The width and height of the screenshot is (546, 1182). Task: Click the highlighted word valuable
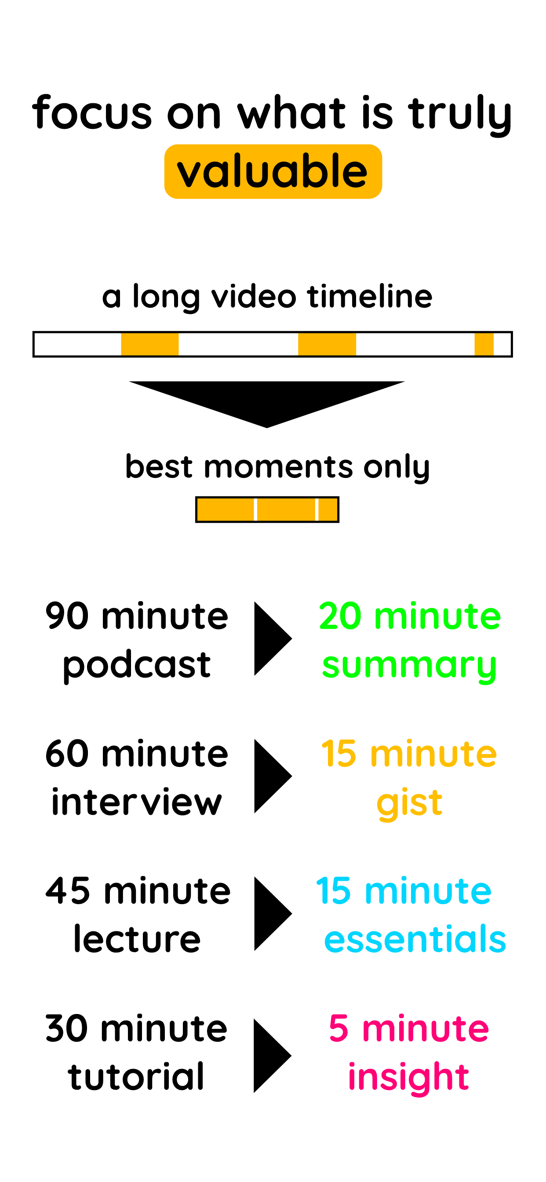273,171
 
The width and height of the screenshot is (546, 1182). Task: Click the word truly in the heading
460,115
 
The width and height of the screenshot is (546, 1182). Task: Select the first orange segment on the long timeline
149,344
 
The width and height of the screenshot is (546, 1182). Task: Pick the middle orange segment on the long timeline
327,344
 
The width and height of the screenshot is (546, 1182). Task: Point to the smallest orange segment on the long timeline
484,344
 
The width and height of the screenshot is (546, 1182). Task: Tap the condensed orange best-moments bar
267,509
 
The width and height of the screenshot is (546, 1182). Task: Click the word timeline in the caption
370,296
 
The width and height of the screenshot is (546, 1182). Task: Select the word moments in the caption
279,467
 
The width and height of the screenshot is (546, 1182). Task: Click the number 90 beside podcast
67,616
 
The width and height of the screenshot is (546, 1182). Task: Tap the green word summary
409,666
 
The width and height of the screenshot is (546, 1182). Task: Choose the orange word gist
409,803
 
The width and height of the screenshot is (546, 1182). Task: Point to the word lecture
137,939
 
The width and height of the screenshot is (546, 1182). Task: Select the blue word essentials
415,939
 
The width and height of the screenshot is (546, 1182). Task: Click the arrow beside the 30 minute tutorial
272,1056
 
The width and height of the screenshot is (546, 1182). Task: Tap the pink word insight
408,1077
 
